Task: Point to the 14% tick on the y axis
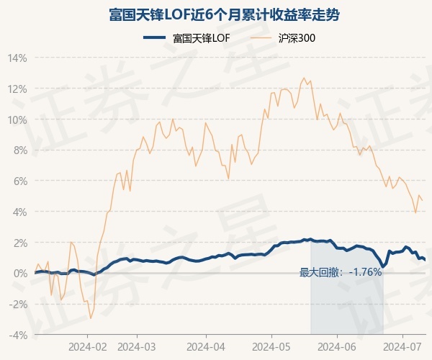18,58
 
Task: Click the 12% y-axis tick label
18,89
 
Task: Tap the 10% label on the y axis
18,120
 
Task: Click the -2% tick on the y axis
18,304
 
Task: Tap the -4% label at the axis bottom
18,335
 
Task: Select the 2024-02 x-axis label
88,346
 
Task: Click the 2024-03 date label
137,346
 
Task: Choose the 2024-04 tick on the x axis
205,346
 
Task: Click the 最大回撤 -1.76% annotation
340,272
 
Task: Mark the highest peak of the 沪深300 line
304,78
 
